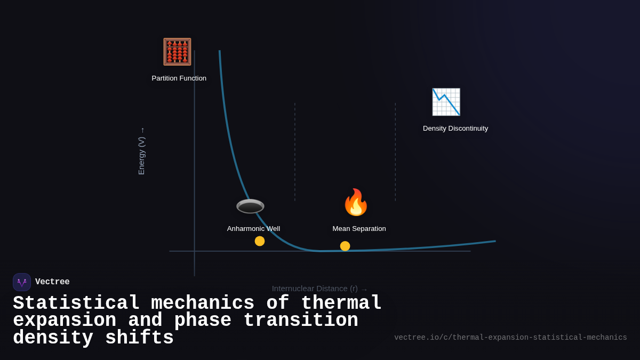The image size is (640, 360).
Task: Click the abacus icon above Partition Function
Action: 177,52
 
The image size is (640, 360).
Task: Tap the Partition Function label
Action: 179,78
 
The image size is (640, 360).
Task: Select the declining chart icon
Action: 446,102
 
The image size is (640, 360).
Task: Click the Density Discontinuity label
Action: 455,129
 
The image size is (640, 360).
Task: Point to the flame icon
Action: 356,203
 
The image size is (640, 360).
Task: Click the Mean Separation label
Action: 359,229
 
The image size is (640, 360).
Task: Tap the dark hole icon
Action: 250,206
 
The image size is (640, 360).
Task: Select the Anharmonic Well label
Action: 253,229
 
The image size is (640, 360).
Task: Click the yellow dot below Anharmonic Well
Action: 260,241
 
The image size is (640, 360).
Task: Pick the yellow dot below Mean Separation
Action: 345,246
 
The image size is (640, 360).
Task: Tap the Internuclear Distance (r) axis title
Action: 315,289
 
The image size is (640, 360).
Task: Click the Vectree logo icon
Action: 22,282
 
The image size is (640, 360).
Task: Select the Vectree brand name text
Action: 52,282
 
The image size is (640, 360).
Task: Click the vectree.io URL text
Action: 510,338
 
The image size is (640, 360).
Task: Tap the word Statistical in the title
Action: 76,303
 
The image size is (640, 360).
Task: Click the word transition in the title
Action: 301,321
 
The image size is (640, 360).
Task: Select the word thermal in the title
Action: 341,303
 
